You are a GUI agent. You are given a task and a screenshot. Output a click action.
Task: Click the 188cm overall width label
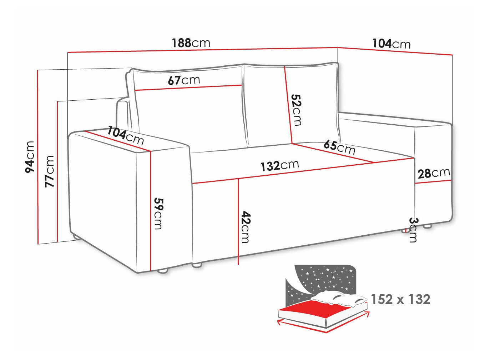click(191, 43)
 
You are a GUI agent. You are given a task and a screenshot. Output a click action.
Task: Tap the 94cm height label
click(30, 157)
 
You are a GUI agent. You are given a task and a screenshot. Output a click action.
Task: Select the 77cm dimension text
click(50, 171)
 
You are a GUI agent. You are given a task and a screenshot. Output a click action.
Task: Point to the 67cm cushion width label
click(184, 80)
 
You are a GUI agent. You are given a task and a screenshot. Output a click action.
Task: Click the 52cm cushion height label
click(296, 110)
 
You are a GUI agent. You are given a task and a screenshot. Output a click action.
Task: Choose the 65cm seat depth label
click(339, 147)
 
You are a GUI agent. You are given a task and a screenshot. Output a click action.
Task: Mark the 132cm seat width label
click(279, 165)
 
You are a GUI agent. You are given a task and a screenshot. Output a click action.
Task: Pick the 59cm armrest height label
click(158, 214)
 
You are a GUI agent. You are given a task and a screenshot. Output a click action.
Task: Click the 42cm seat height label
click(246, 227)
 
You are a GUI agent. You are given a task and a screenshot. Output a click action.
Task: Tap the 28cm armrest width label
click(434, 173)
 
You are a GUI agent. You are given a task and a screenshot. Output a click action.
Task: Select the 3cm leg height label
click(413, 230)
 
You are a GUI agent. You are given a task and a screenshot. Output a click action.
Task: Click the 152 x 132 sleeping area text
click(400, 299)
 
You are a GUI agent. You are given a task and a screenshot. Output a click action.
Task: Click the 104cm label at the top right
click(391, 44)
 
